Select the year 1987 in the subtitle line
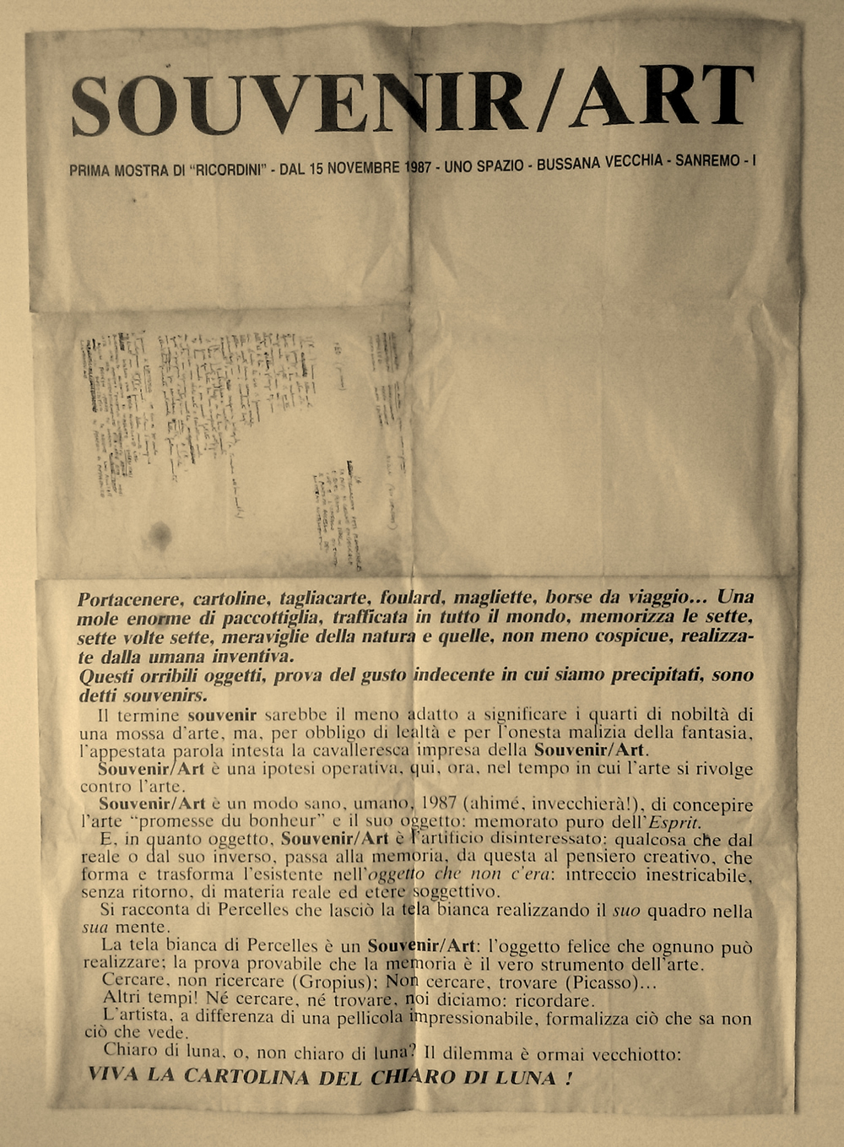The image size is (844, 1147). (419, 166)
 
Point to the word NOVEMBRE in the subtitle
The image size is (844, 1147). (365, 168)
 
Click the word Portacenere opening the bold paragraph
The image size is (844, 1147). (130, 600)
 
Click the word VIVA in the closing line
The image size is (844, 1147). (114, 1075)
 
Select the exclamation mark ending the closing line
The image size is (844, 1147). (570, 1078)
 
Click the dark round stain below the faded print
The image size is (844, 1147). (160, 533)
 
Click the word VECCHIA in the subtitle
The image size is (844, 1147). (635, 161)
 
